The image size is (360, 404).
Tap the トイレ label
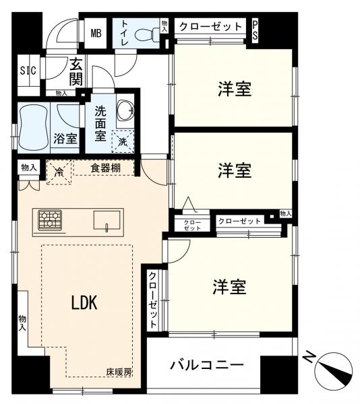pos(125,32)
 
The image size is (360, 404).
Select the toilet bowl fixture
pos(146,34)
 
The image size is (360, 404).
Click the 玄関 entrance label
pos(76,72)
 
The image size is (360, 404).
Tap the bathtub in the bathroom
pos(32,126)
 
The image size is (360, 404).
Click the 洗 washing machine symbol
pos(123,141)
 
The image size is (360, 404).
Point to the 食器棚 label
pos(106,168)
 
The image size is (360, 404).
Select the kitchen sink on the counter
pos(107,220)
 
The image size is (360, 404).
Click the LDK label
pos(84,303)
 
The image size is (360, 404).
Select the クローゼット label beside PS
pos(210,27)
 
